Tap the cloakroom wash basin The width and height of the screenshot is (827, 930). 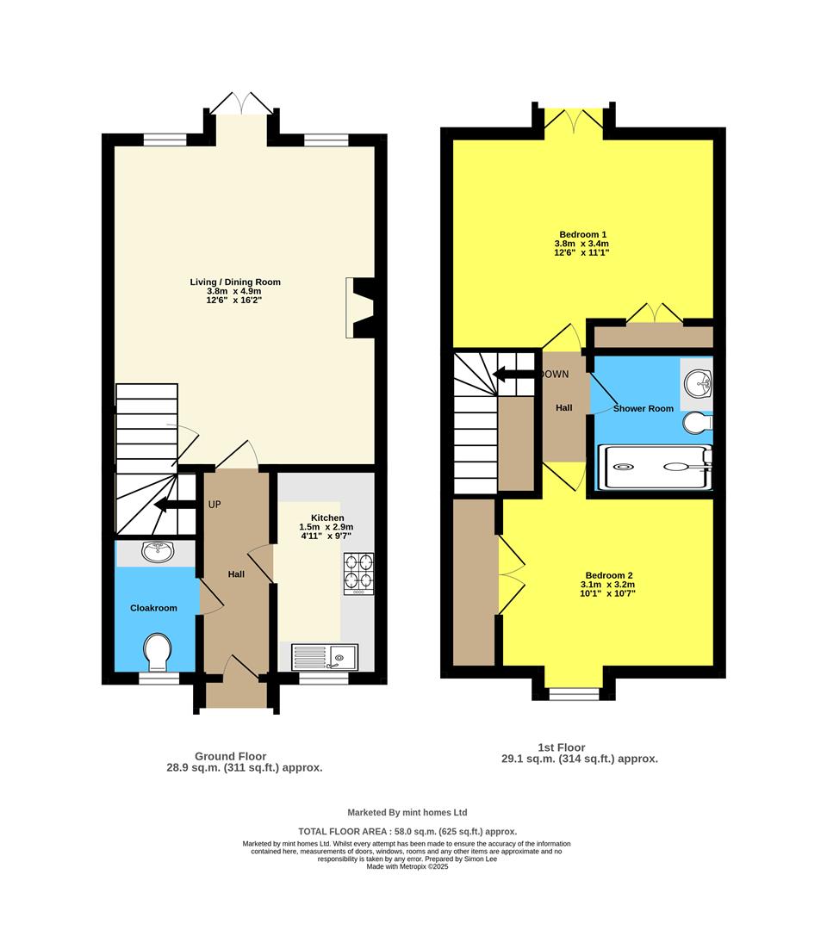pos(157,552)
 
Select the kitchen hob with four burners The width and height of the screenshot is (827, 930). pos(358,570)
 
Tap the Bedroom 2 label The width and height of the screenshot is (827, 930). pos(609,575)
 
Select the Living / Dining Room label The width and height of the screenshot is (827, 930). pos(235,282)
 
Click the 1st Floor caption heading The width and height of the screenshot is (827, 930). pos(556,747)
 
